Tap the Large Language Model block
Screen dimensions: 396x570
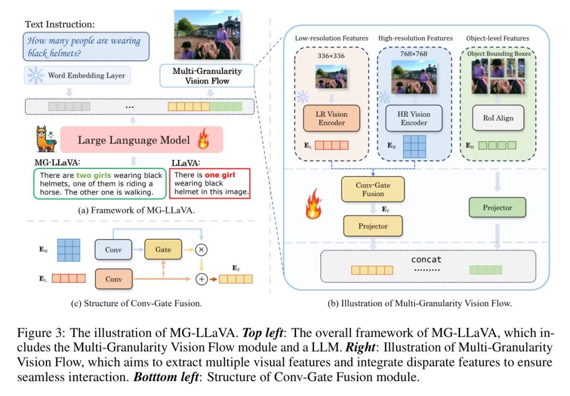142,140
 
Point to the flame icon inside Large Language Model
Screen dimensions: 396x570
203,140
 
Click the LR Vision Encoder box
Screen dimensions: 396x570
331,118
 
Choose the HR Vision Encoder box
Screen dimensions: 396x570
414,118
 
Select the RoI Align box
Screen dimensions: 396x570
497,118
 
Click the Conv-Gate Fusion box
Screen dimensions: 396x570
373,190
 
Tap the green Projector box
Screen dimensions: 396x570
497,208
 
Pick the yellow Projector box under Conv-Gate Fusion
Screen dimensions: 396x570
373,226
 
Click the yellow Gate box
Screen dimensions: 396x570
163,249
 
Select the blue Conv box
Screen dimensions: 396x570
113,250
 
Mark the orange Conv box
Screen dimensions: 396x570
113,279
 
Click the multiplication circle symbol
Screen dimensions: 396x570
201,250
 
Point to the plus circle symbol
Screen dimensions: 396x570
201,279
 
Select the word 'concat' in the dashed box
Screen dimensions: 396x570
426,260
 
